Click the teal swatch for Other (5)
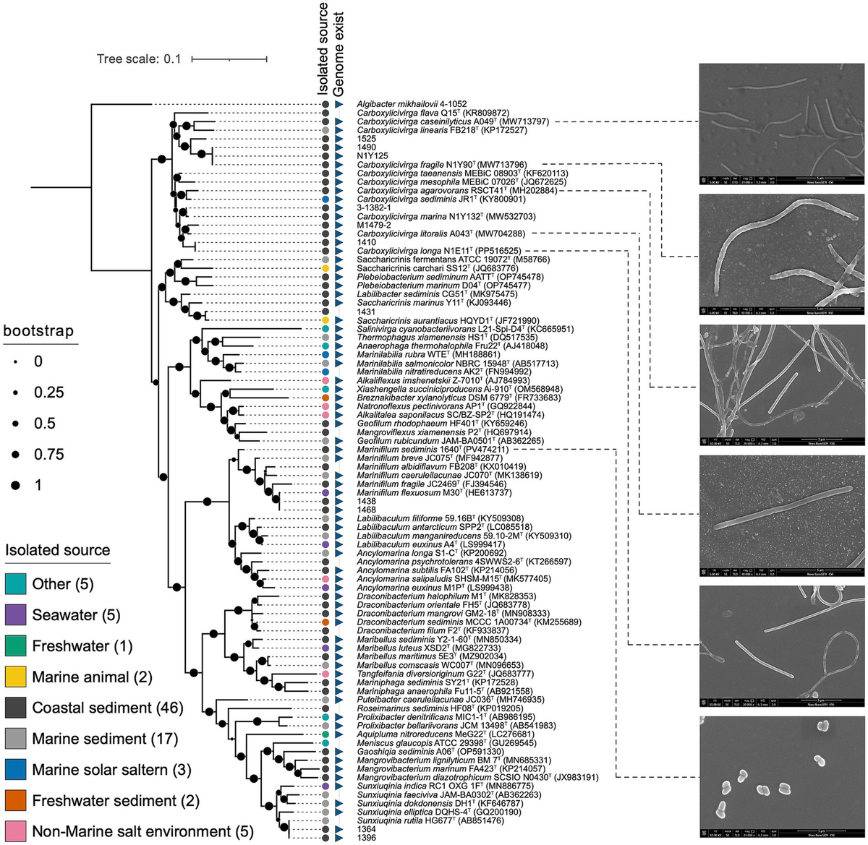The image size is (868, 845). (x=15, y=584)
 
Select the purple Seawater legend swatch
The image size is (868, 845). (x=15, y=615)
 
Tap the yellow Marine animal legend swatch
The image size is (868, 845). (x=15, y=677)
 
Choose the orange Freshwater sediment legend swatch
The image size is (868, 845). (x=15, y=801)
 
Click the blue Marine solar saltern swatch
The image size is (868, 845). (x=15, y=770)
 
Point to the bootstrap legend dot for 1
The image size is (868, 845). (x=15, y=485)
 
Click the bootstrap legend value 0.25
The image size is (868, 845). (x=48, y=393)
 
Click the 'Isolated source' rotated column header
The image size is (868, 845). (x=323, y=49)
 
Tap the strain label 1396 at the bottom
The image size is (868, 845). (x=367, y=838)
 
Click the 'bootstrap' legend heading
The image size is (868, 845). (x=38, y=332)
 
